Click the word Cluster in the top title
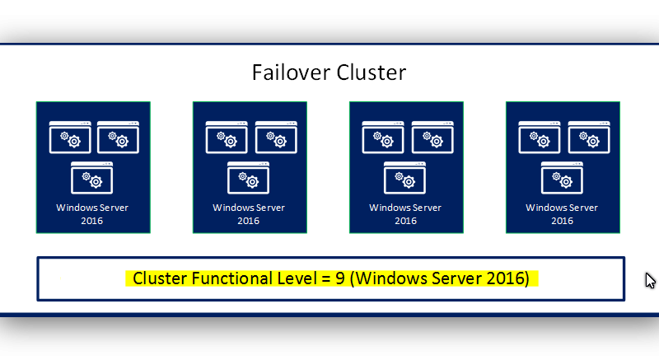[x=372, y=72]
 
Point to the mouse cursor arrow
[x=649, y=279]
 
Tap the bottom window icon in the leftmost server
[x=91, y=177]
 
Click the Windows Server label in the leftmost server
[x=92, y=208]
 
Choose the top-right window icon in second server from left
[x=275, y=138]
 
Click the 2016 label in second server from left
[x=249, y=221]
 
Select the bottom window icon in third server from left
[x=404, y=177]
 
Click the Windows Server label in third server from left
[x=405, y=208]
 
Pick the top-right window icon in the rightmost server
[x=588, y=138]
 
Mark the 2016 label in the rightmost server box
[x=562, y=221]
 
